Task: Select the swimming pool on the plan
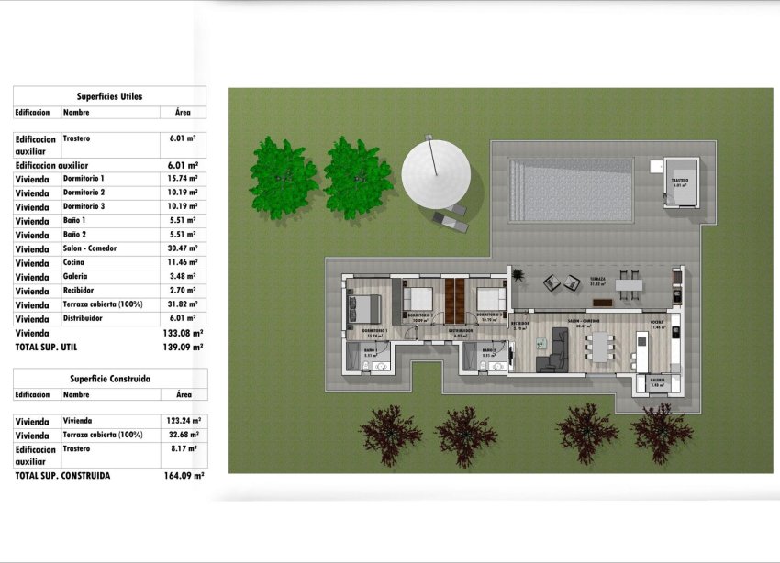point(570,190)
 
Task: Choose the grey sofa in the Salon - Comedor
point(552,352)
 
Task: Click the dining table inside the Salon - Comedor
point(602,348)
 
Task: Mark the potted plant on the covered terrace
point(517,275)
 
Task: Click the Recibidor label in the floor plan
point(520,323)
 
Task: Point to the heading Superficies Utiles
point(109,95)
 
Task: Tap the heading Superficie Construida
point(110,378)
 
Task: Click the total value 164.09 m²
point(184,476)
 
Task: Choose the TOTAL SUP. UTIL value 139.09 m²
point(184,348)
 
